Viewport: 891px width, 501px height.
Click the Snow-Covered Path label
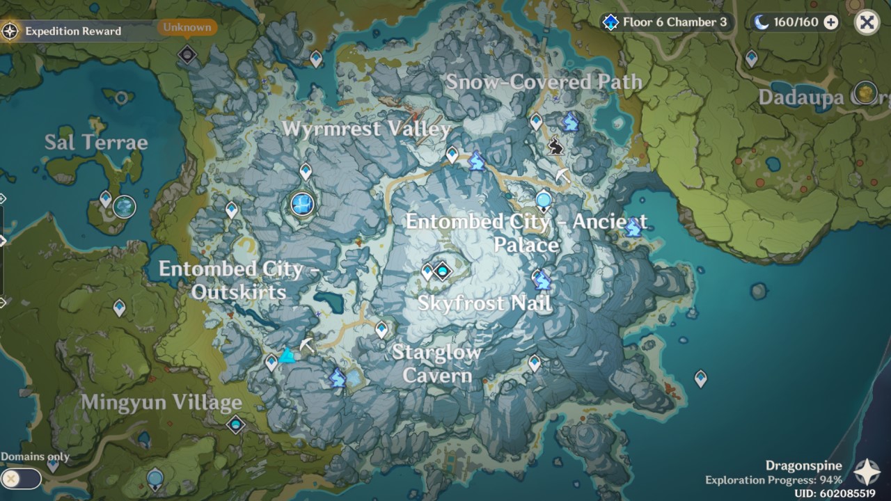[544, 81]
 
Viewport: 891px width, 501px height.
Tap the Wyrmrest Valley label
[366, 129]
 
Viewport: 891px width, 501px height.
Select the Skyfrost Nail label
[484, 303]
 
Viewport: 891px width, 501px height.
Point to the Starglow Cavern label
[436, 363]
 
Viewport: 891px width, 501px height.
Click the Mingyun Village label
[161, 402]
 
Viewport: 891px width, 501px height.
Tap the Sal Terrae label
[96, 143]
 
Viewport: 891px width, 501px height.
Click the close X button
[867, 22]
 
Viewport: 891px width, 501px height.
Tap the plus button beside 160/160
[831, 22]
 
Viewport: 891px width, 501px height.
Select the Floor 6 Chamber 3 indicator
[666, 22]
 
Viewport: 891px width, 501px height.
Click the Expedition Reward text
[73, 31]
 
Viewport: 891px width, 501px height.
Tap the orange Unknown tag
[187, 28]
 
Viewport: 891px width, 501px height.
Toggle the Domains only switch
[21, 479]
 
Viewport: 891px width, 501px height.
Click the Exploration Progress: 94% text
[773, 479]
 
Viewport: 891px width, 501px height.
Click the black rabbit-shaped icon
[555, 146]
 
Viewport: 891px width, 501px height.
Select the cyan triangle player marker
[287, 356]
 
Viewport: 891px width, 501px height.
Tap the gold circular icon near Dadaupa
[865, 92]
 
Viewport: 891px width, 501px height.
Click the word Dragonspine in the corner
[804, 466]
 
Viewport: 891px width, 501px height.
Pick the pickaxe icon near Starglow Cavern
[306, 344]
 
